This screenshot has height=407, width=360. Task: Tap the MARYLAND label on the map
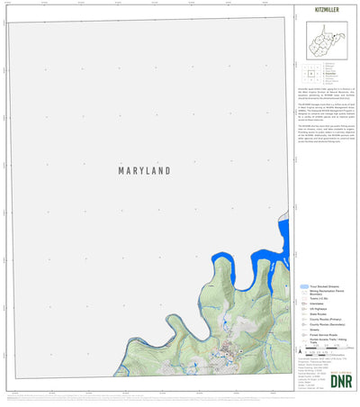click(x=144, y=169)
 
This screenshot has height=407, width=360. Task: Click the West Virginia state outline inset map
click(x=323, y=41)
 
